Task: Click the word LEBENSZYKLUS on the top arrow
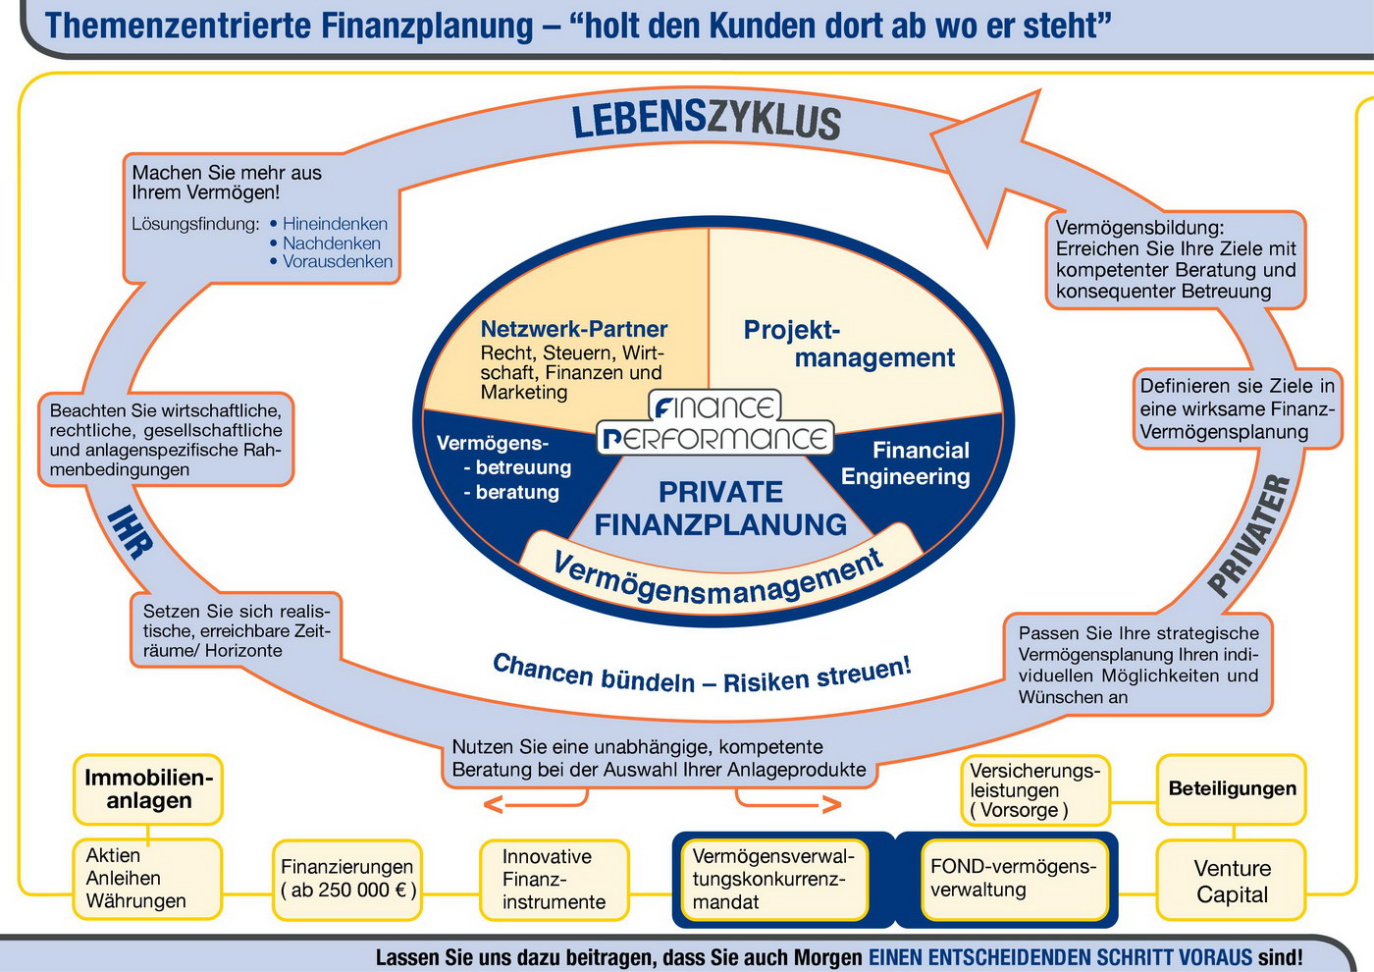click(x=706, y=121)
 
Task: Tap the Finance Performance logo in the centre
click(x=715, y=423)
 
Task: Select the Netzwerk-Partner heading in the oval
click(x=573, y=330)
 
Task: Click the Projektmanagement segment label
click(x=848, y=344)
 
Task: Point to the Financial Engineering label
click(x=906, y=463)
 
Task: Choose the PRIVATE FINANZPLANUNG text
click(x=720, y=509)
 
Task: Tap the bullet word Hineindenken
click(x=335, y=224)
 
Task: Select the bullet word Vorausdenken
click(x=337, y=261)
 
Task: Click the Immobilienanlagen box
click(x=148, y=789)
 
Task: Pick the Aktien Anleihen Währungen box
click(x=147, y=879)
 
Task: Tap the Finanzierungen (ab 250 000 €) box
click(x=348, y=879)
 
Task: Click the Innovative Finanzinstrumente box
click(x=554, y=880)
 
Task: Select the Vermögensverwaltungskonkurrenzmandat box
click(x=773, y=880)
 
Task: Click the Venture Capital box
click(x=1232, y=881)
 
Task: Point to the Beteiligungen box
click(x=1232, y=788)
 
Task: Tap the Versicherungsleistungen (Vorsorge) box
click(x=1034, y=790)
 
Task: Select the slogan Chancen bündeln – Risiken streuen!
click(x=702, y=675)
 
